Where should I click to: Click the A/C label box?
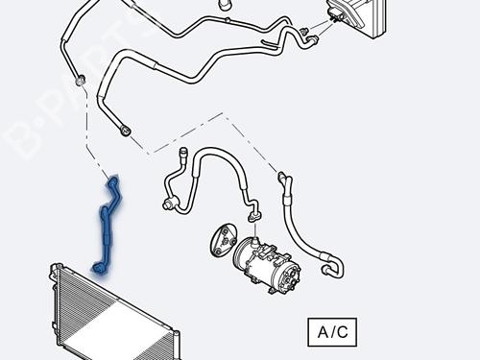tap(332, 332)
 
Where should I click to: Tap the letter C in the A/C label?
tap(345, 332)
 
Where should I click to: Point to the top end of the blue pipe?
tap(114, 179)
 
